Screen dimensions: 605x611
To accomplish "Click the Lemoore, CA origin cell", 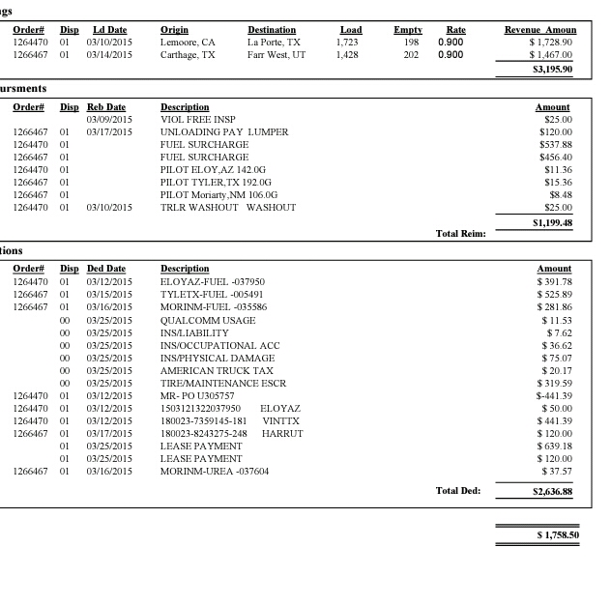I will (188, 43).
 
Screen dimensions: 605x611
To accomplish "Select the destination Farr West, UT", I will (276, 56).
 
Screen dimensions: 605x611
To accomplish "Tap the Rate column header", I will (455, 31).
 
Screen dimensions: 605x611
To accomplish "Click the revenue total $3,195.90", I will (552, 70).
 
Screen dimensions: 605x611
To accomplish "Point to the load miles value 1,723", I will (347, 43).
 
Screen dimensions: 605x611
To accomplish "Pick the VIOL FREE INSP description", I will (198, 120).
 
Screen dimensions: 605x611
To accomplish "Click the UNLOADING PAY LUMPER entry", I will (224, 132).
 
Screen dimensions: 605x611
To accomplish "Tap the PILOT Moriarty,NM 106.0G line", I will (218, 195).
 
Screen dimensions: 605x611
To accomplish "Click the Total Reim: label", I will (460, 233).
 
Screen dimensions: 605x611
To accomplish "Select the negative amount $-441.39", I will (554, 395).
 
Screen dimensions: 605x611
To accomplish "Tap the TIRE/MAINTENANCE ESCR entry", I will (222, 383).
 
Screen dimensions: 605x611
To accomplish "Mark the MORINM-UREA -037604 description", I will (215, 472).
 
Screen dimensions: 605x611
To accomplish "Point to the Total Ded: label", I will (458, 491).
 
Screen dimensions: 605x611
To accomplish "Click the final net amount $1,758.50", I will (558, 534).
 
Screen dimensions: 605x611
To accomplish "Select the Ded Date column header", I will (106, 269).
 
